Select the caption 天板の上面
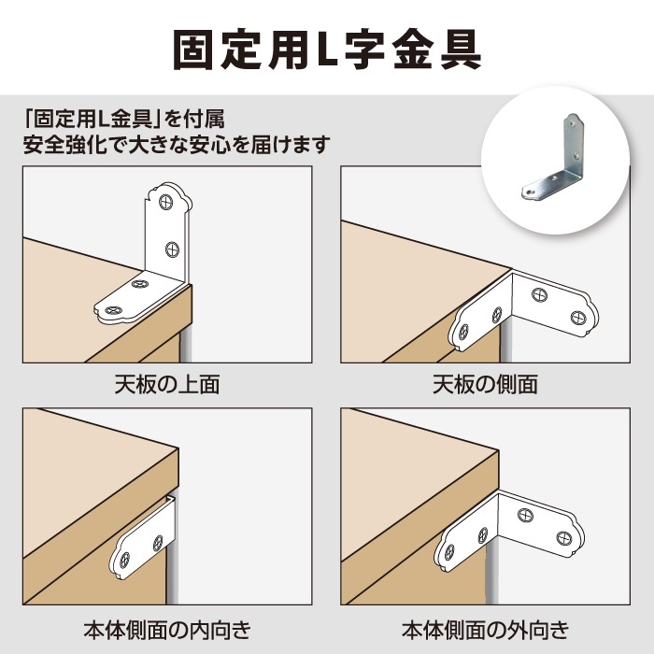[x=167, y=384]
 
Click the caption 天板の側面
[x=485, y=384]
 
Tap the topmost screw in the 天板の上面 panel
[x=167, y=200]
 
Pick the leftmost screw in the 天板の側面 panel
[x=462, y=330]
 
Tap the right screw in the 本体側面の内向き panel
[x=155, y=540]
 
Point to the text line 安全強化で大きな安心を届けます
[x=177, y=146]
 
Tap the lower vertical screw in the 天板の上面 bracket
[x=172, y=249]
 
